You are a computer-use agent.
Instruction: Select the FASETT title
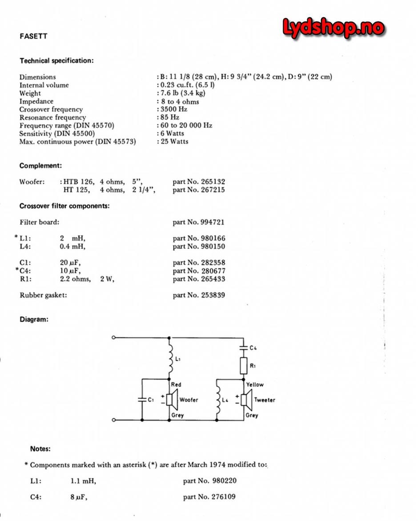(33, 36)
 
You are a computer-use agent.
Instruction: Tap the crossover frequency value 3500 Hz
(173, 109)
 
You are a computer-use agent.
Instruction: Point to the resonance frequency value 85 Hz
(169, 117)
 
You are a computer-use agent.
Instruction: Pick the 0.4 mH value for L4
(72, 246)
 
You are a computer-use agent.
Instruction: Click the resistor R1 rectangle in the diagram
(243, 366)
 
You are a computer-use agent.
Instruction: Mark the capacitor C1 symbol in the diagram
(142, 400)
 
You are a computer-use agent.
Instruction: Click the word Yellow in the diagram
(255, 384)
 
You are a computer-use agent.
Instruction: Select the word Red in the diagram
(176, 384)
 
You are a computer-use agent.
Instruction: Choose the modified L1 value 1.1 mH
(83, 481)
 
